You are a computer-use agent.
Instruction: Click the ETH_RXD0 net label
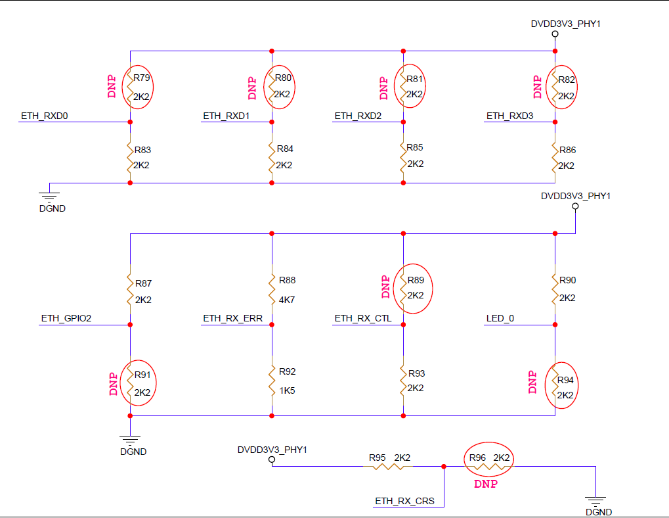[45, 116]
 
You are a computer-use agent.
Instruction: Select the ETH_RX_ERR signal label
[232, 318]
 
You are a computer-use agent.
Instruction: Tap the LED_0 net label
[500, 318]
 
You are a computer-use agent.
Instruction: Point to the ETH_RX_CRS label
[404, 501]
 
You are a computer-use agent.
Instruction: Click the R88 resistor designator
[287, 280]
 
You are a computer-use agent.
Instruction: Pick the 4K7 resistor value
[287, 300]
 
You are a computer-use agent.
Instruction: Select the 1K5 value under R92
[287, 390]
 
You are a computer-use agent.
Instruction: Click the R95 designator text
[377, 458]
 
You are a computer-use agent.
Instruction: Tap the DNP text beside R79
[112, 87]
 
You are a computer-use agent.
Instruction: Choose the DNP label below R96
[486, 484]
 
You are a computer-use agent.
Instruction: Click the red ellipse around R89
[393, 289]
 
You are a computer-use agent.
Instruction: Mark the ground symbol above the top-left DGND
[49, 197]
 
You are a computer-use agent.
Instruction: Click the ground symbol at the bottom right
[595, 500]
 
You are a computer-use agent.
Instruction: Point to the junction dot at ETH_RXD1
[272, 122]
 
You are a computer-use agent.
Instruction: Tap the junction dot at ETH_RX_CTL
[403, 325]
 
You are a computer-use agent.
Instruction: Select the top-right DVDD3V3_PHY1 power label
[565, 24]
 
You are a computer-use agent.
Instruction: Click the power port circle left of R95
[272, 459]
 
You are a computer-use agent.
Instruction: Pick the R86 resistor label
[567, 150]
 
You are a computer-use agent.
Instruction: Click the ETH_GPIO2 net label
[66, 318]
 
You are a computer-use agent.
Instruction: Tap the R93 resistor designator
[416, 373]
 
